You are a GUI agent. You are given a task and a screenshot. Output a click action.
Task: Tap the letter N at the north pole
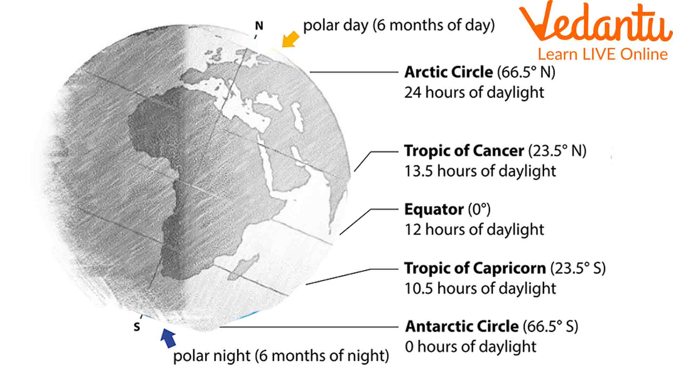click(259, 26)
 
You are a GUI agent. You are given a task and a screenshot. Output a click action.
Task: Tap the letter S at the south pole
click(137, 327)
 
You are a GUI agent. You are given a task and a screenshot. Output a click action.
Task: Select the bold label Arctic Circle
click(449, 72)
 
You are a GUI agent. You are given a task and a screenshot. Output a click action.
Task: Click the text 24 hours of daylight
click(474, 92)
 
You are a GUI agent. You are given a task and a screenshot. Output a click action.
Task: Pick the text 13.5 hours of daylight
click(480, 171)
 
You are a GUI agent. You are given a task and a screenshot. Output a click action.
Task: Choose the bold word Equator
click(434, 209)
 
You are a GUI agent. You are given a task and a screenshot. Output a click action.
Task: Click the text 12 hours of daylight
click(474, 230)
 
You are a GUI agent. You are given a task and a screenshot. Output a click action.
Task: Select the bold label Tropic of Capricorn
click(475, 268)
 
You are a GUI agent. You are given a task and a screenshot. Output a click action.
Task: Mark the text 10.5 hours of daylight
click(480, 288)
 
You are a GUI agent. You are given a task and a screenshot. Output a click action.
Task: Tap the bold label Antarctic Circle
click(462, 327)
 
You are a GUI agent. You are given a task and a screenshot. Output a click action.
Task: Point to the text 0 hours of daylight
click(470, 347)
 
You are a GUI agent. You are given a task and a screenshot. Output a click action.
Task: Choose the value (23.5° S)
click(578, 268)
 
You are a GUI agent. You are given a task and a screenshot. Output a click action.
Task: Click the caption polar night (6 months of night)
click(281, 356)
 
